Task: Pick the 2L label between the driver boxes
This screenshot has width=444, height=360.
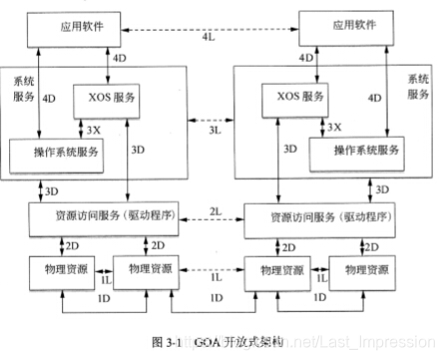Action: point(215,212)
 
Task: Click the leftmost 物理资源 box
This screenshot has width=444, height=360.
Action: point(57,270)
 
